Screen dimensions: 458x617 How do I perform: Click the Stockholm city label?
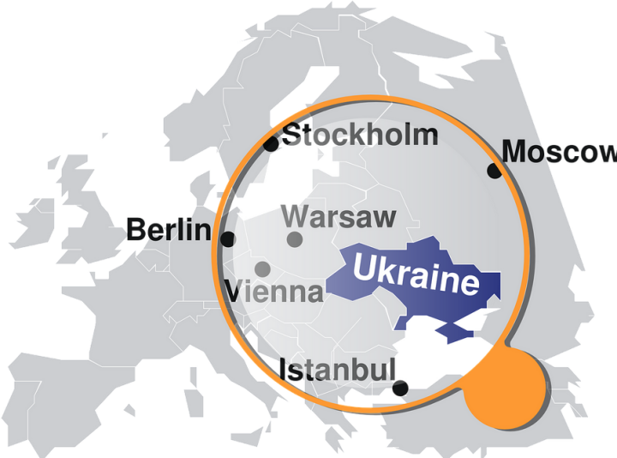click(x=360, y=136)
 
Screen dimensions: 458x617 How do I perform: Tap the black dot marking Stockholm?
click(x=271, y=144)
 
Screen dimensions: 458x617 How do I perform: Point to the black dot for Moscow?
click(x=494, y=171)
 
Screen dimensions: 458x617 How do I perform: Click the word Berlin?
click(x=168, y=230)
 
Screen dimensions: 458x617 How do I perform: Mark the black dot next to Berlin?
click(x=228, y=239)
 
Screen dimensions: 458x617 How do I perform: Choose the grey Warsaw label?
click(x=338, y=217)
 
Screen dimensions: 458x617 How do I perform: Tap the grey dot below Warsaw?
click(x=295, y=239)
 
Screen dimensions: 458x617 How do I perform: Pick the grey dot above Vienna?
click(x=262, y=269)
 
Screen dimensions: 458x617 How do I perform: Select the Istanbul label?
click(x=338, y=371)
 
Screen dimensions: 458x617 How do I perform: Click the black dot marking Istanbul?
click(x=400, y=389)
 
